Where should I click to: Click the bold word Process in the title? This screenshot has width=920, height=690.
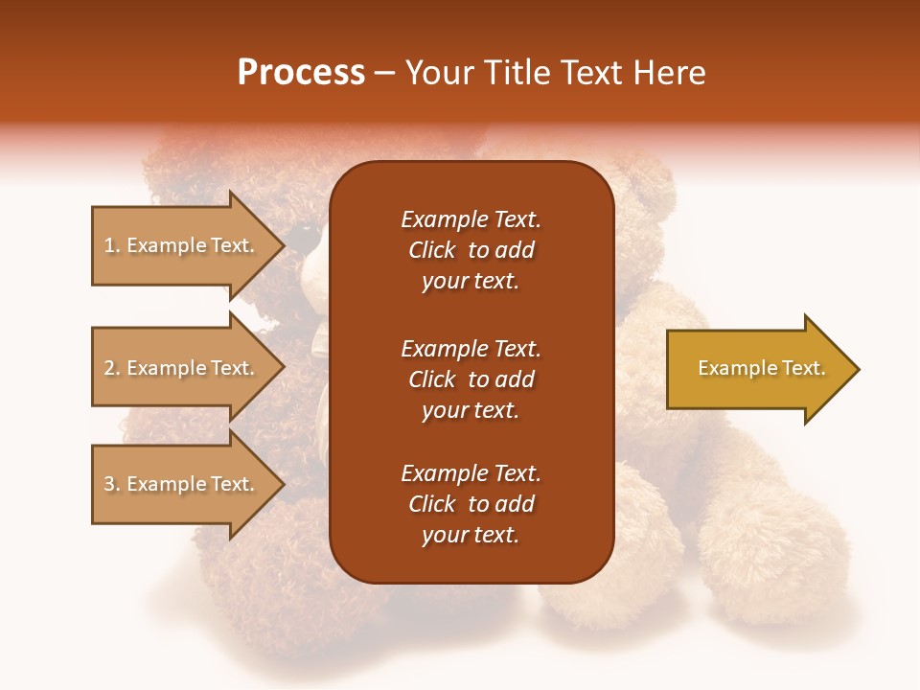[x=301, y=73]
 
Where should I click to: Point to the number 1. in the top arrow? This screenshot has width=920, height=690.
[x=112, y=245]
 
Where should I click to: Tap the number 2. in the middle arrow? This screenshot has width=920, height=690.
[x=112, y=368]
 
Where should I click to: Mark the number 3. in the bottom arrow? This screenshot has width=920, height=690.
[x=112, y=484]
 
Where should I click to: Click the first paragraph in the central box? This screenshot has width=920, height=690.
[x=471, y=250]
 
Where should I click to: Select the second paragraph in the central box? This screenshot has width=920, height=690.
[x=471, y=379]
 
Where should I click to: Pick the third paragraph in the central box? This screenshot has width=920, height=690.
[x=471, y=504]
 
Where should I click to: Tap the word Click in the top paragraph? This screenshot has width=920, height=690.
[x=431, y=250]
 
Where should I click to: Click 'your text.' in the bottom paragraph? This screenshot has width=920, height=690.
[x=471, y=536]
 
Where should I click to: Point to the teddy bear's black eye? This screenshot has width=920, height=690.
[x=306, y=231]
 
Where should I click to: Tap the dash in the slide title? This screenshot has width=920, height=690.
[x=384, y=74]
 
